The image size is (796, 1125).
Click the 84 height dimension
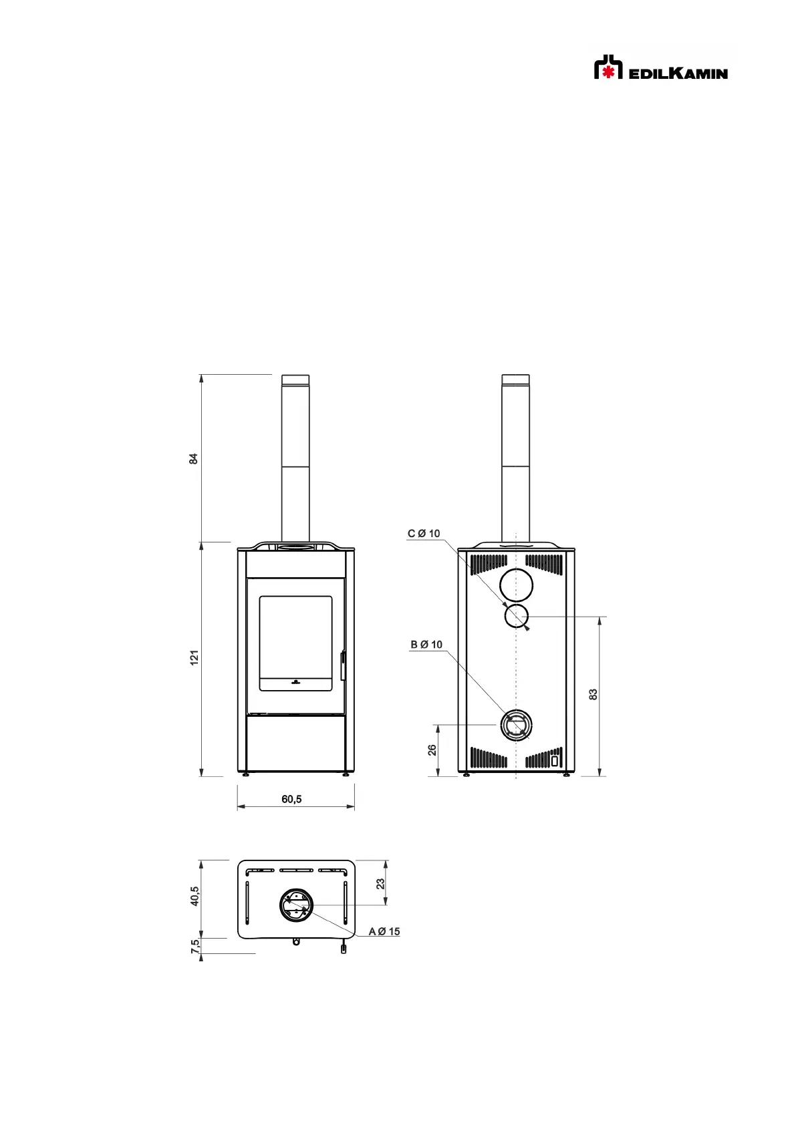[193, 458]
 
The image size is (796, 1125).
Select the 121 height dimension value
[194, 657]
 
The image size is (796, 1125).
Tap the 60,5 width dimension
[291, 799]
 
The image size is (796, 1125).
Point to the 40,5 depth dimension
[194, 896]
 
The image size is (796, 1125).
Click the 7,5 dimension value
[195, 946]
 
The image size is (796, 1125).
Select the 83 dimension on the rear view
[593, 695]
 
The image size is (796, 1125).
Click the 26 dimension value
[432, 750]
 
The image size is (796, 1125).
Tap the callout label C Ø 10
[424, 533]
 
